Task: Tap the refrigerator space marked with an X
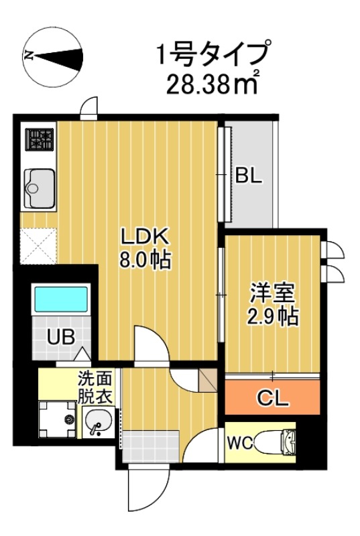point(39,245)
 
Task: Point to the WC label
point(239,444)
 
